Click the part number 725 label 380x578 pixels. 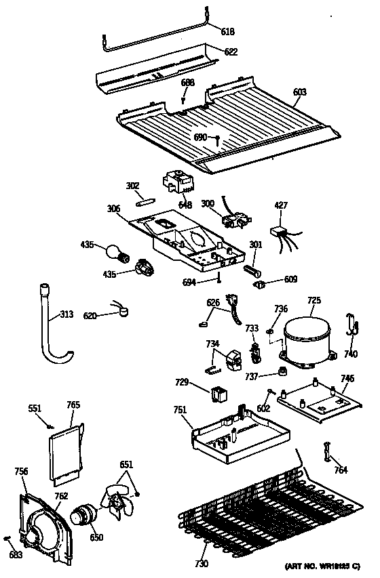(314, 299)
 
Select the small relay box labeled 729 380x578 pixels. (219, 392)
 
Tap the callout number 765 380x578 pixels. (73, 405)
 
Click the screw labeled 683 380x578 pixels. (8, 539)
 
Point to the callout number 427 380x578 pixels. (281, 205)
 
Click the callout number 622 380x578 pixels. (231, 51)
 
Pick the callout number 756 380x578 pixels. (22, 472)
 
